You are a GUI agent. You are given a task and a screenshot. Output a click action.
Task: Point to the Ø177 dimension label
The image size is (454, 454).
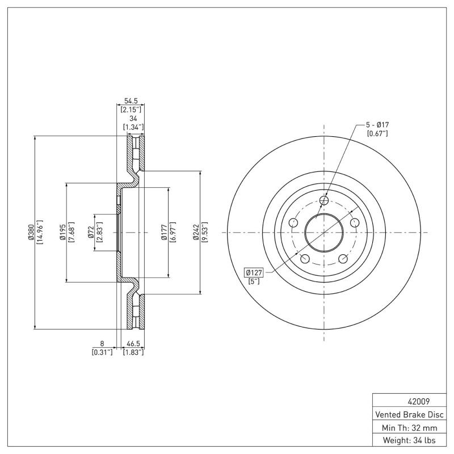click(x=165, y=233)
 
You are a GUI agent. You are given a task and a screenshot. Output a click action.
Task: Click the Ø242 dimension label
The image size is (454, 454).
click(x=196, y=233)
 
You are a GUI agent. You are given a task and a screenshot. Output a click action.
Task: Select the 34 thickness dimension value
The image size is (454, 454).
click(x=133, y=118)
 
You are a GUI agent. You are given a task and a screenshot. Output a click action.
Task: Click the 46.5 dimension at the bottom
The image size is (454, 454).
click(x=133, y=344)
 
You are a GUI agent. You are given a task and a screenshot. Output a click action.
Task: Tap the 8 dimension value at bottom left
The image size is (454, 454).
click(x=102, y=344)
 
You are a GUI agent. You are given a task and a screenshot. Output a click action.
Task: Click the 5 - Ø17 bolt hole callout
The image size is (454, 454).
click(x=377, y=125)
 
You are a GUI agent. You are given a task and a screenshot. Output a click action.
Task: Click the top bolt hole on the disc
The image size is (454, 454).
click(x=324, y=200)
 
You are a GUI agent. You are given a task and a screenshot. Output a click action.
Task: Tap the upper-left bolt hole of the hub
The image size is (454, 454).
click(x=293, y=222)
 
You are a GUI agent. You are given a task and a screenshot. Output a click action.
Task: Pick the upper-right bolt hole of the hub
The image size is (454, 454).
click(x=355, y=222)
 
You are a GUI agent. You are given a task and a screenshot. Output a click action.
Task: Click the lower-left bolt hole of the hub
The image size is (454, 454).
click(x=305, y=259)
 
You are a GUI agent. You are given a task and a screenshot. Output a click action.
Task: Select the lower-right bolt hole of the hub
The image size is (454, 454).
click(x=343, y=259)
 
